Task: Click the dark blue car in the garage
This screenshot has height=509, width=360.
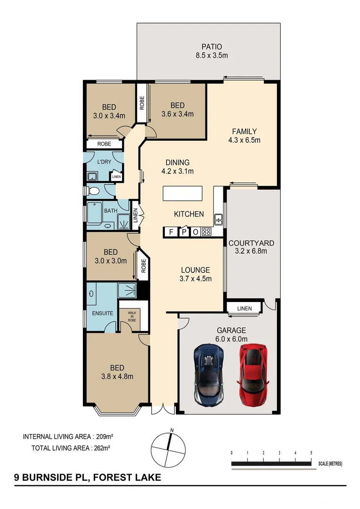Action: pyautogui.click(x=209, y=370)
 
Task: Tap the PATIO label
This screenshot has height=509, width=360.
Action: pyautogui.click(x=212, y=47)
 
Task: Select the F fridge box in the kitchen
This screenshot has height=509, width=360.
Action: pyautogui.click(x=171, y=231)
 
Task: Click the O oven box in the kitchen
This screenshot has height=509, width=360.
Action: pyautogui.click(x=195, y=231)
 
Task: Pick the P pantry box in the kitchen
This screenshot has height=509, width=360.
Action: pyautogui.click(x=183, y=231)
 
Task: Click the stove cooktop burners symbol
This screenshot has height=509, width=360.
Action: pyautogui.click(x=206, y=231)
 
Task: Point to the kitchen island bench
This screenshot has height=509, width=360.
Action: pyautogui.click(x=182, y=194)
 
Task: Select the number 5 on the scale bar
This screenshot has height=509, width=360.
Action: pyautogui.click(x=311, y=452)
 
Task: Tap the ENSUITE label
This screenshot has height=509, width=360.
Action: pyautogui.click(x=102, y=312)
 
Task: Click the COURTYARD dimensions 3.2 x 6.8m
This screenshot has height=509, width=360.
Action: pyautogui.click(x=251, y=251)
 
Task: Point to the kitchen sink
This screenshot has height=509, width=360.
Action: pyautogui.click(x=219, y=219)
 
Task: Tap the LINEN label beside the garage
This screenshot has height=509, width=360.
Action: pyautogui.click(x=245, y=309)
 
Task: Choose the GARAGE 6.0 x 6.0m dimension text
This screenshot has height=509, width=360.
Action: pyautogui.click(x=231, y=338)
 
